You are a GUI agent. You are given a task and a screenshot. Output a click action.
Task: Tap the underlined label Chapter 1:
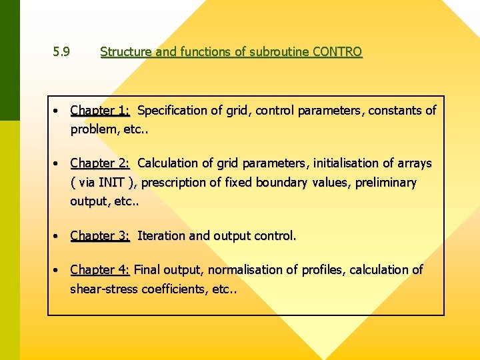pos(100,110)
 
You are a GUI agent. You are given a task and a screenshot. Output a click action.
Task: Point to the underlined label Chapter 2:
pos(100,163)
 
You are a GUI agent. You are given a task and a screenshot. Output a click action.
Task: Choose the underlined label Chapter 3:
pos(100,235)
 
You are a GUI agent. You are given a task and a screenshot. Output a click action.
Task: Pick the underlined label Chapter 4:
pos(100,269)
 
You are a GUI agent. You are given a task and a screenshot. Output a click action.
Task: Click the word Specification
pos(173,110)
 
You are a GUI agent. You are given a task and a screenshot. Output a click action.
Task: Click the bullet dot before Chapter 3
pos(59,236)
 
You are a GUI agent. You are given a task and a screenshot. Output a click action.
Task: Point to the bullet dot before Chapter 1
pos(59,111)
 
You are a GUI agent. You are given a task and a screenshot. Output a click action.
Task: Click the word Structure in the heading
pos(126,52)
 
